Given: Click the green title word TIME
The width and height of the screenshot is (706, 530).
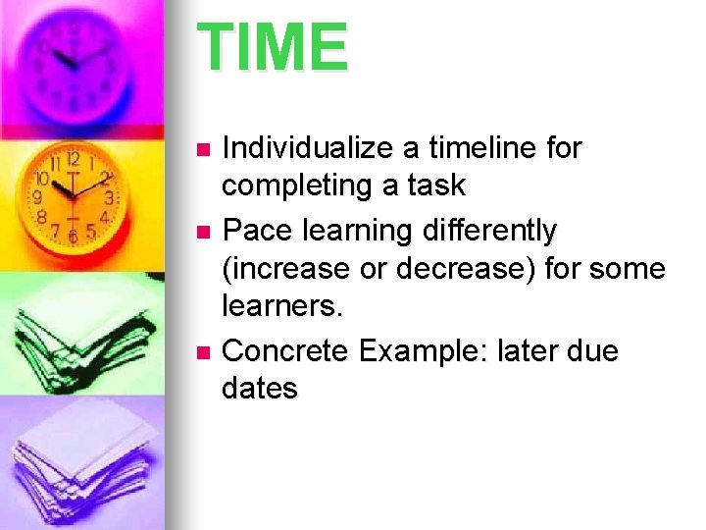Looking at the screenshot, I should point(273,48).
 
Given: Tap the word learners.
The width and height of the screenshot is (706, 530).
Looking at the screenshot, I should point(283,306).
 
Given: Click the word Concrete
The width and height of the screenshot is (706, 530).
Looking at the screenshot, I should point(285,349).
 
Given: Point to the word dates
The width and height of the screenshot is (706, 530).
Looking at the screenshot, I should point(260,388).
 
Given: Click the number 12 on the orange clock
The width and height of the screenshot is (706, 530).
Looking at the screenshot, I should point(73,160).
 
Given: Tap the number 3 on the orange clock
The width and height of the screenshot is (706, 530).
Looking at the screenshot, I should point(110,197).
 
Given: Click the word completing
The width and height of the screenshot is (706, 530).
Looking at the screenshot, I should point(295,185).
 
